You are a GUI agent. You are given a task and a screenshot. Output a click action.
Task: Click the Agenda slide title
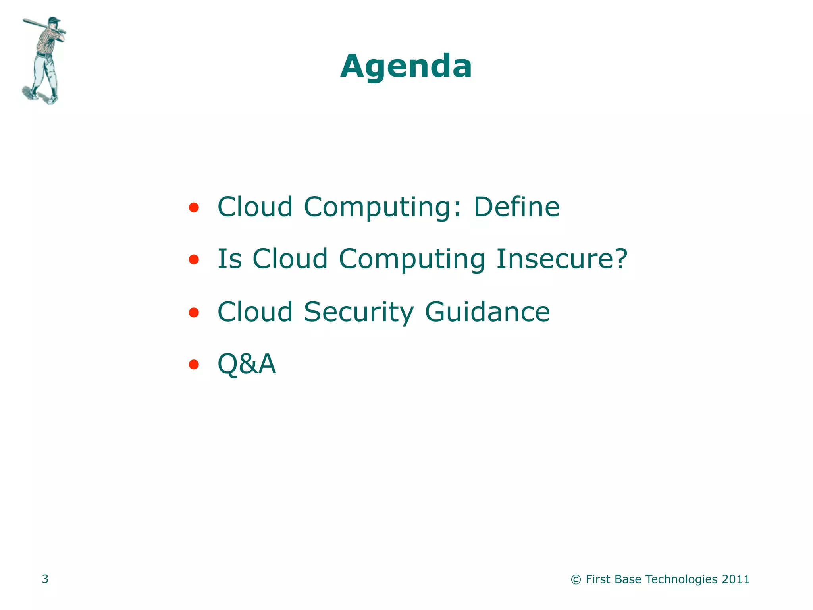pyautogui.click(x=406, y=66)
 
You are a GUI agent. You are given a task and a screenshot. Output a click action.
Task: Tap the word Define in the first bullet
pyautogui.click(x=516, y=207)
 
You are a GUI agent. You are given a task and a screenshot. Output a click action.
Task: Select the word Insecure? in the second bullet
pyautogui.click(x=562, y=259)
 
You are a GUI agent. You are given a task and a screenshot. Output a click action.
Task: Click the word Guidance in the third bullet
pyautogui.click(x=487, y=312)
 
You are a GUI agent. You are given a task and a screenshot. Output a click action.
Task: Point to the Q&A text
pyautogui.click(x=247, y=364)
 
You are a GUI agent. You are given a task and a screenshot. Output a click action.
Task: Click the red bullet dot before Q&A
pyautogui.click(x=194, y=364)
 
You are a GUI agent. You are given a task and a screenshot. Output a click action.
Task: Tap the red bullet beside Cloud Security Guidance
pyautogui.click(x=194, y=313)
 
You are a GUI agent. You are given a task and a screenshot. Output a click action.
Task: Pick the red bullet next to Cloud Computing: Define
pyautogui.click(x=194, y=207)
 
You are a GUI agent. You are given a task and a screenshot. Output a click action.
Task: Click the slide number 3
pyautogui.click(x=45, y=579)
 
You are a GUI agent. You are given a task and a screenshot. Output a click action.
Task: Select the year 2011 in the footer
pyautogui.click(x=736, y=579)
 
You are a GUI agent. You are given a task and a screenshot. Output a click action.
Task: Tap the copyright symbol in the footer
pyautogui.click(x=576, y=580)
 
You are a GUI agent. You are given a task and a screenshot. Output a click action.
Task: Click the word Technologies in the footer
pyautogui.click(x=682, y=579)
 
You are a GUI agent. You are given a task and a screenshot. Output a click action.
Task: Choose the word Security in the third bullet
pyautogui.click(x=358, y=312)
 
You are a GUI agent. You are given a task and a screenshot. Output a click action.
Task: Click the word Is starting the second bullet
pyautogui.click(x=229, y=259)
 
